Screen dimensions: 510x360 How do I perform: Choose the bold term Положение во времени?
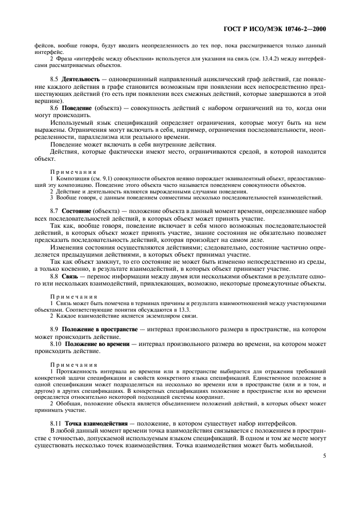pyautogui.click(x=96, y=344)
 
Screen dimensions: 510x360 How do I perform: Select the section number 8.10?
pyautogui.click(x=56, y=344)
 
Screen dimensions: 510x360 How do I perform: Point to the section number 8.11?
pyautogui.click(x=56, y=423)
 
